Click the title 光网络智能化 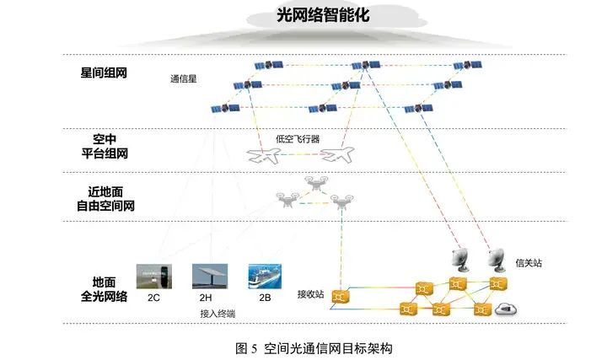311,14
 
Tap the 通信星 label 184,81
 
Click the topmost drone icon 317,185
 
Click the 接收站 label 312,294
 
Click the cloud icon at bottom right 507,308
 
